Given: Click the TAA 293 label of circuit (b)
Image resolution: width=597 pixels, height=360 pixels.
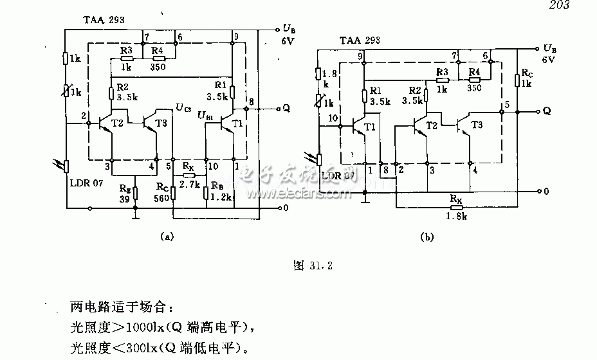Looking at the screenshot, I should (x=360, y=41).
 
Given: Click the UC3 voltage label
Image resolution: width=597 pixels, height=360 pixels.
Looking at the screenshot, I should (x=183, y=107).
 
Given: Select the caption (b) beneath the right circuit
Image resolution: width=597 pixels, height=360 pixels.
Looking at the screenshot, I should (x=427, y=237).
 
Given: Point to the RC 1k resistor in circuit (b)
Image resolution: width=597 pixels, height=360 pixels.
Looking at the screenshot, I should (x=518, y=79).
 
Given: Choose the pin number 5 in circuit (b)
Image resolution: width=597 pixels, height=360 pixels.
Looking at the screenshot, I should (x=507, y=105).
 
